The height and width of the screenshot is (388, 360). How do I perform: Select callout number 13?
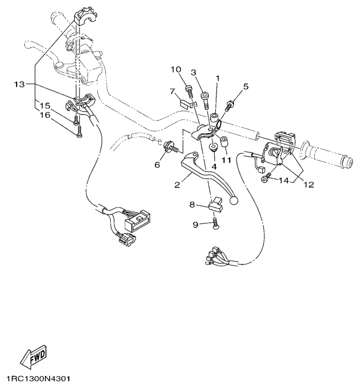tap(19, 84)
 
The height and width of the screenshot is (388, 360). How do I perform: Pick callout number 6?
tap(157, 165)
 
